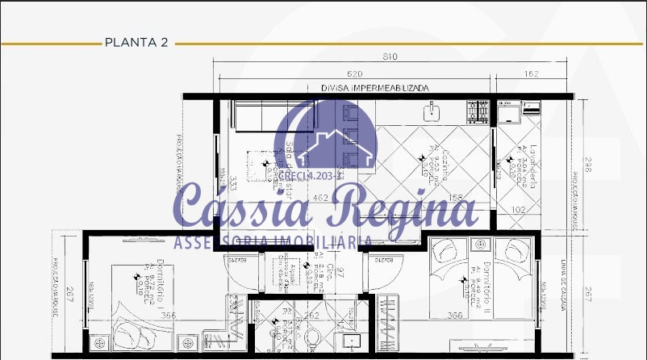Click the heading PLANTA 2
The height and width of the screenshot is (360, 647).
[136, 44]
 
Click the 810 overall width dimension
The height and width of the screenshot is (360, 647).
[390, 57]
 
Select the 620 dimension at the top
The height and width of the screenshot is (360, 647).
[354, 74]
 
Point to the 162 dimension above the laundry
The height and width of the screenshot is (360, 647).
[531, 74]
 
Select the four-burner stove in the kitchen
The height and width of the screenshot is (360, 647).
[478, 111]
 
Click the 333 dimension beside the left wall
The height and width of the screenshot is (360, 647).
[232, 182]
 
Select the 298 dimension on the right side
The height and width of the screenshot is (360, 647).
[588, 165]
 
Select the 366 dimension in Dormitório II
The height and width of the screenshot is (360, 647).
[455, 316]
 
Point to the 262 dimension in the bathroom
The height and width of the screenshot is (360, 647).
[313, 316]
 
